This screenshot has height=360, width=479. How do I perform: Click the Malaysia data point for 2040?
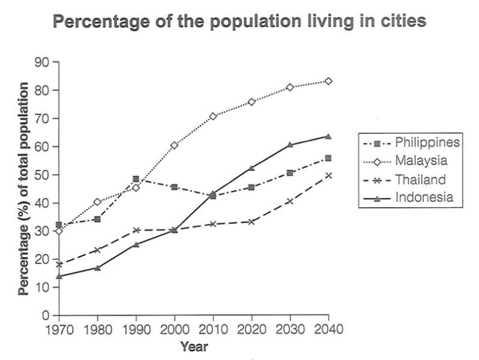(329, 81)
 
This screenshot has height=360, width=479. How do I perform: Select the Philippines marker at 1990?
(136, 179)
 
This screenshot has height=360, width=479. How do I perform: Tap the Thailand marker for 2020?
(252, 222)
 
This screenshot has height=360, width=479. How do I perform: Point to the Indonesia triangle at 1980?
(97, 267)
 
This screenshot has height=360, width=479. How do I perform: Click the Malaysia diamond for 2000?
(175, 145)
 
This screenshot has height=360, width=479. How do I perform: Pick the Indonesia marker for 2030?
(290, 144)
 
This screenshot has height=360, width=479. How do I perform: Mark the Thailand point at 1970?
(59, 264)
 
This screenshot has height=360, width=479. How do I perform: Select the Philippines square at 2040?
(329, 158)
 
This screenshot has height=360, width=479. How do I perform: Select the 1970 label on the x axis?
(59, 329)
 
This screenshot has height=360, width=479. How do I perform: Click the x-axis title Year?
(194, 347)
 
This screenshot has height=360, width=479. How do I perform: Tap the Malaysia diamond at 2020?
(252, 102)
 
